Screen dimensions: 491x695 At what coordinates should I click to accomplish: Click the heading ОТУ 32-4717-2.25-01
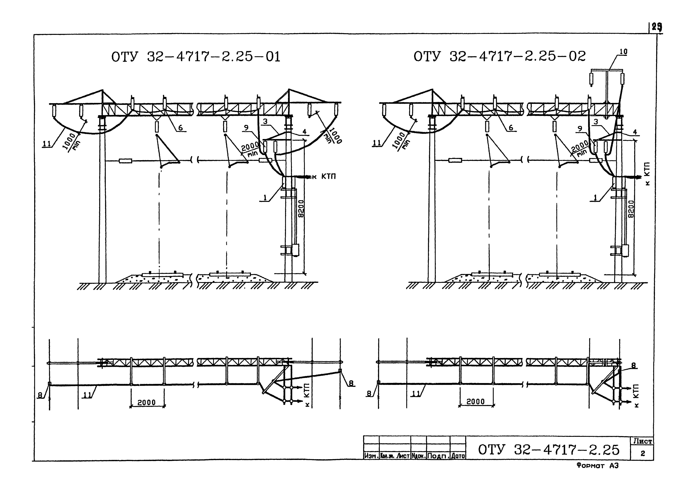[196, 57]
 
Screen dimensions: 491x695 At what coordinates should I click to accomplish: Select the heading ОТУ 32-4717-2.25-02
[499, 56]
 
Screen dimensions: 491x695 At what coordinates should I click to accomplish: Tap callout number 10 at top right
[623, 52]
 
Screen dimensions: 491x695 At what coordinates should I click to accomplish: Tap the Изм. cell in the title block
[371, 456]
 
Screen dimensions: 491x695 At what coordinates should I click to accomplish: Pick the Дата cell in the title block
[458, 456]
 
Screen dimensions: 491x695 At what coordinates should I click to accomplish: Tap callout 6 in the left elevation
[180, 128]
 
